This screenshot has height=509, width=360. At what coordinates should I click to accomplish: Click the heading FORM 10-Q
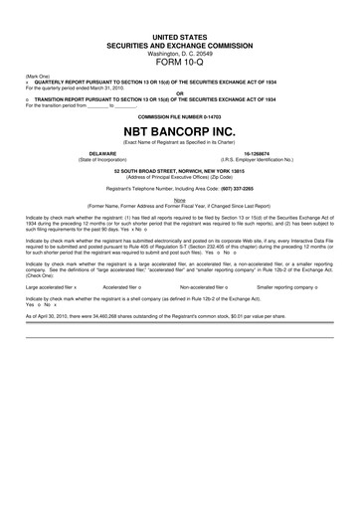tap(180, 57)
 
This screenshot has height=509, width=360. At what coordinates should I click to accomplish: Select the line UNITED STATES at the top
tap(180, 36)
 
